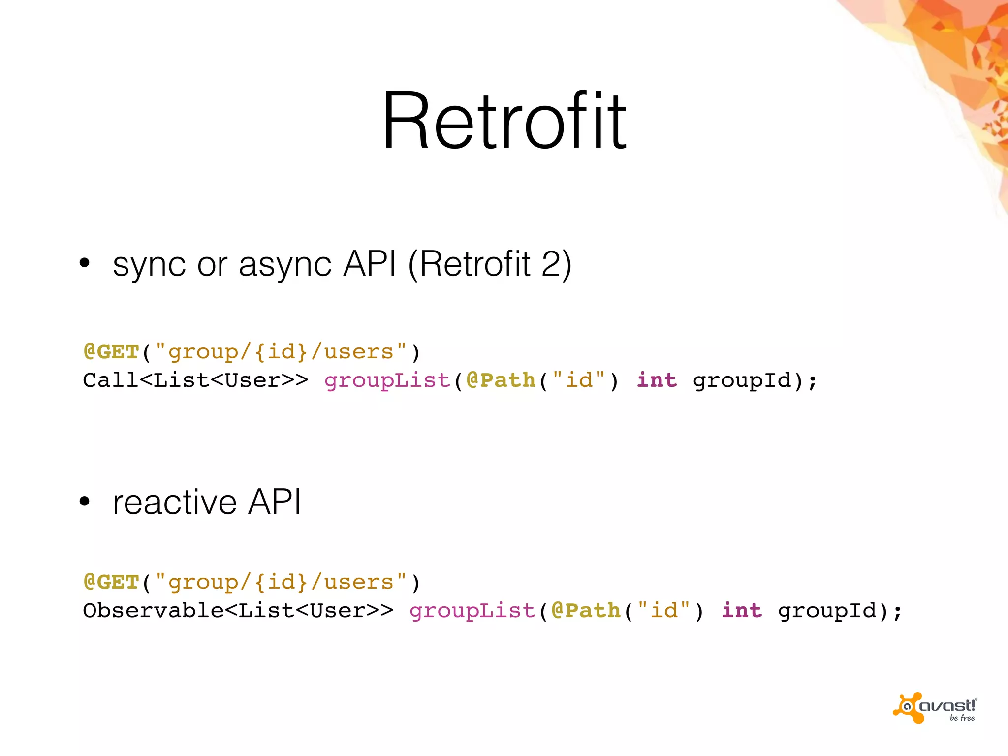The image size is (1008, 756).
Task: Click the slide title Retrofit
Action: coord(504,121)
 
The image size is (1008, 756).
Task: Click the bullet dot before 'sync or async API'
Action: coord(85,263)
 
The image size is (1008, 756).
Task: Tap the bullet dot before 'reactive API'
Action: coord(85,502)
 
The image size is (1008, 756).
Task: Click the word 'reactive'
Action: coord(175,503)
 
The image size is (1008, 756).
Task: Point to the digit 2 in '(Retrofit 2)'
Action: coord(551,264)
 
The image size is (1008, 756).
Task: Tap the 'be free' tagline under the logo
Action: coord(962,718)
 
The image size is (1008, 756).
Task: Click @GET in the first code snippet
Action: coord(111,352)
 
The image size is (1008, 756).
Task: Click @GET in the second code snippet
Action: coord(111,582)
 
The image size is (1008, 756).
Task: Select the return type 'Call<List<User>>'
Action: coord(195,380)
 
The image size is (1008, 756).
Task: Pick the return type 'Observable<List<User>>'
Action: coord(238,611)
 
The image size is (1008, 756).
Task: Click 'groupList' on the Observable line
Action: coord(472,611)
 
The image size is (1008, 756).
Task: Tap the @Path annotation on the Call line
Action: coord(501,380)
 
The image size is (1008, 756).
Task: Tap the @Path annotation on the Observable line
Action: coord(586,611)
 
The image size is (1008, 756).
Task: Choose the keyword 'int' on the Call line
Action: coord(657,380)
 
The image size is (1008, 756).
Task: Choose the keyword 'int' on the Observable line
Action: coord(742,611)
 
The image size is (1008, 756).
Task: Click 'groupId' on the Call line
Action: coord(742,381)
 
